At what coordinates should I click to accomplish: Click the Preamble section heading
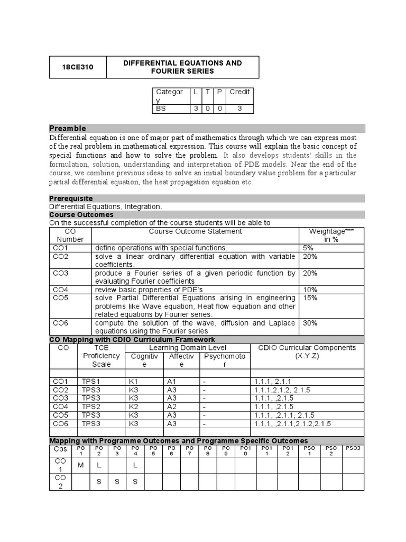point(68,128)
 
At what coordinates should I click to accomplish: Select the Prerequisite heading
point(71,198)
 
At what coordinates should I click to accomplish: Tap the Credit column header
point(239,92)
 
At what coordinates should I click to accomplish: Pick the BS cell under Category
point(160,108)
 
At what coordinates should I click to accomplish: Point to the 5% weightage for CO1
point(308,248)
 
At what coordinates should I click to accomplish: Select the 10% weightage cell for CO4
point(311,290)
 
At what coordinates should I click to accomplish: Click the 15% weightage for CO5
point(311,298)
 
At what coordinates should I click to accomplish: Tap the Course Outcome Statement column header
point(195,231)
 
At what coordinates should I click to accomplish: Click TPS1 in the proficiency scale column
point(91,382)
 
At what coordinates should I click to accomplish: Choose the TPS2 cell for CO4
point(91,407)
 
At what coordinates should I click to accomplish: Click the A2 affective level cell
point(172,407)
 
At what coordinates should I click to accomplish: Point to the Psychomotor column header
point(224,360)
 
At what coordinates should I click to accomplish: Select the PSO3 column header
point(352,448)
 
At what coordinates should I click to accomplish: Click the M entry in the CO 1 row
point(81,465)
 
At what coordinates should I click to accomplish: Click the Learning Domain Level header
point(188,348)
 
